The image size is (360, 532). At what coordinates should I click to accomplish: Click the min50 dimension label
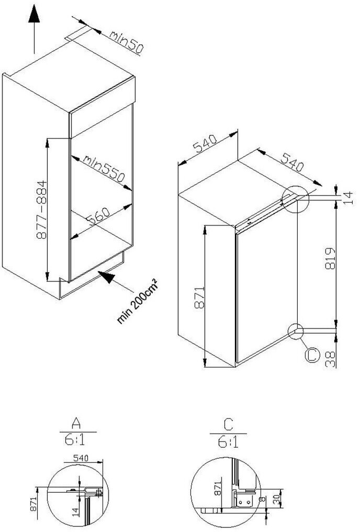click(126, 43)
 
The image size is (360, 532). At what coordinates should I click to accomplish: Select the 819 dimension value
click(329, 259)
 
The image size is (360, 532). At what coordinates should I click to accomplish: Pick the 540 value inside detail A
click(81, 458)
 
